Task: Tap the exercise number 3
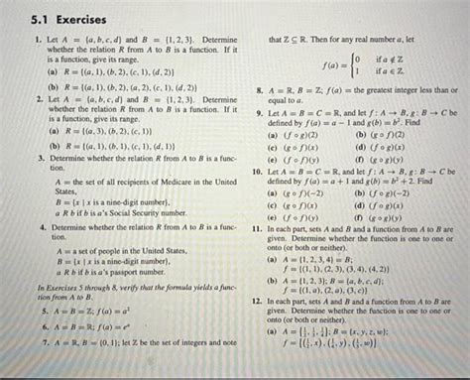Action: tap(38, 159)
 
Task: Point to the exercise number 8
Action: tap(259, 88)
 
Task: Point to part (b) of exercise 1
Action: tap(49, 87)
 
